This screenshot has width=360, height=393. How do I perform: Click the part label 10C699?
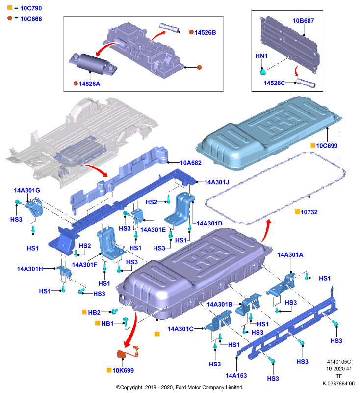click(x=327, y=146)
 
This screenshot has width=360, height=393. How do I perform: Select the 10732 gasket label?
click(x=309, y=212)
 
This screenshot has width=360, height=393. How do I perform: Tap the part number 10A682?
click(x=191, y=163)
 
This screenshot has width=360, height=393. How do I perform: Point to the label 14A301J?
click(x=216, y=182)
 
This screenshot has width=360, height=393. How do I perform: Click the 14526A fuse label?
click(x=89, y=84)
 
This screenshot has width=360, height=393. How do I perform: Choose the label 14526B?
click(x=205, y=32)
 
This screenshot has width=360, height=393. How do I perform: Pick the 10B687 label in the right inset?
click(x=303, y=21)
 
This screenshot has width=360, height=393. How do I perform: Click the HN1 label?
click(x=261, y=56)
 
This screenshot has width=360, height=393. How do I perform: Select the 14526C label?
click(x=274, y=83)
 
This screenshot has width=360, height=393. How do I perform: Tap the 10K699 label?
click(x=123, y=371)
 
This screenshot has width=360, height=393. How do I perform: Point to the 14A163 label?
click(x=236, y=376)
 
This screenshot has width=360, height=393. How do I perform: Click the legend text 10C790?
click(x=31, y=8)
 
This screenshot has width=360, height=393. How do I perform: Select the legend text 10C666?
click(x=31, y=19)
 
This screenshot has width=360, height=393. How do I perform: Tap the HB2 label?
click(x=94, y=312)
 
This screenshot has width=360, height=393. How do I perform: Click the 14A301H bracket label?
click(x=30, y=269)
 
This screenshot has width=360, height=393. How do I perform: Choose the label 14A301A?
click(x=290, y=255)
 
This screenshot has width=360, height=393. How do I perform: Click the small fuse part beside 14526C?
click(x=306, y=83)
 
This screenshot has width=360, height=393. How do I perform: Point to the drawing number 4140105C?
click(x=339, y=362)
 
